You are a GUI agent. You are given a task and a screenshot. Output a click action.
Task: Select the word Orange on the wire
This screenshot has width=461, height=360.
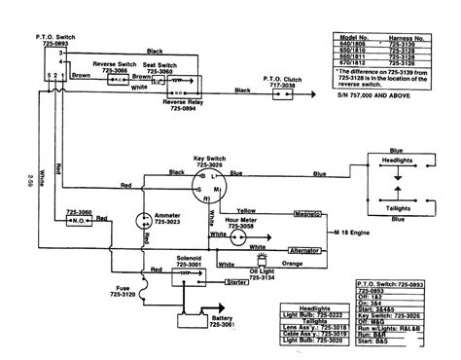click(288, 263)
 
